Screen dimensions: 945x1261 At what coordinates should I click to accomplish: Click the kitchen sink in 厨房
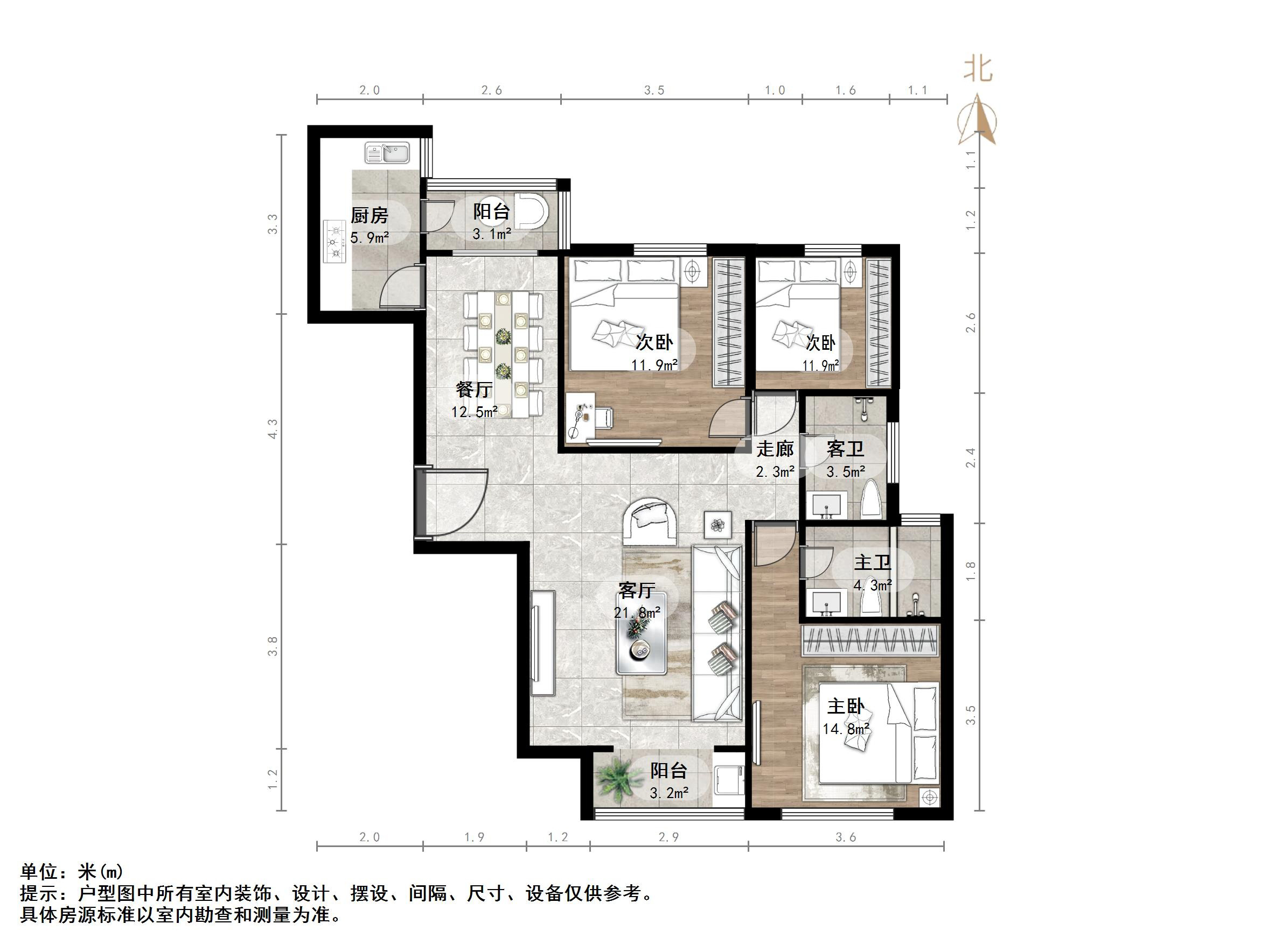[387, 153]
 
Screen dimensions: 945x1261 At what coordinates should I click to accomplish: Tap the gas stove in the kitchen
[335, 242]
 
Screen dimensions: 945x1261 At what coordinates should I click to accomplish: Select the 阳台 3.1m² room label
[491, 222]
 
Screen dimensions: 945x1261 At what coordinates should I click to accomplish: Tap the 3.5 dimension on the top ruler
[654, 90]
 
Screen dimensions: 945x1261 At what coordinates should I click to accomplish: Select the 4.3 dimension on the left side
[273, 428]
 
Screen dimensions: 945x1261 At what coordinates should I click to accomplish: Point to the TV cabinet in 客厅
[543, 643]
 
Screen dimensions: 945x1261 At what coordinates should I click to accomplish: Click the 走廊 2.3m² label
[775, 459]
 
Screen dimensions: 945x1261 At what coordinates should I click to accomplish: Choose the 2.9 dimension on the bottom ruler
[668, 837]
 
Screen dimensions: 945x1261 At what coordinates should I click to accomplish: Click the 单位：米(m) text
[72, 871]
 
